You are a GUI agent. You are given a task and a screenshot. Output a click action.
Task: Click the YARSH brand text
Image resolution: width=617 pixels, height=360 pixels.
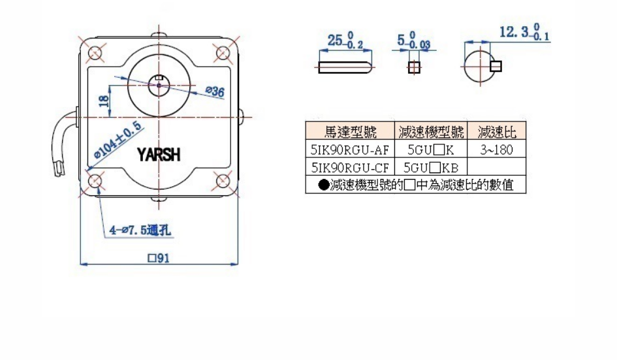159,154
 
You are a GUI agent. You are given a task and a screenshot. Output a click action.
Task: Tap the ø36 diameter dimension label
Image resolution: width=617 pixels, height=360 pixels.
214,92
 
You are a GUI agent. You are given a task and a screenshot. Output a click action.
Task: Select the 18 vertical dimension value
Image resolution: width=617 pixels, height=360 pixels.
103,101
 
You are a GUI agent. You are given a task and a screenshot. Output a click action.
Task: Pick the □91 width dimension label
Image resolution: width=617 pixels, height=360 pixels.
159,258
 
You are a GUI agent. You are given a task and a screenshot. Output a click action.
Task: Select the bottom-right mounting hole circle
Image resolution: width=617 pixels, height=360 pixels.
222,181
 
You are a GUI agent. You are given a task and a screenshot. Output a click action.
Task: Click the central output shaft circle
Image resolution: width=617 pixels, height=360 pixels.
159,82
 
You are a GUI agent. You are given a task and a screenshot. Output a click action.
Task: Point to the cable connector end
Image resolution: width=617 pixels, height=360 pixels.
57,170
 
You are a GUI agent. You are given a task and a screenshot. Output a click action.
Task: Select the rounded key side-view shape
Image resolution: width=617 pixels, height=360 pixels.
345,67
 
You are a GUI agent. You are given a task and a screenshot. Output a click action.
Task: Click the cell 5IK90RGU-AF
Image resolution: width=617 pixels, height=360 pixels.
350,150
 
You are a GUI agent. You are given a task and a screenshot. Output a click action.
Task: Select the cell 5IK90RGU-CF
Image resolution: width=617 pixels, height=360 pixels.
350,167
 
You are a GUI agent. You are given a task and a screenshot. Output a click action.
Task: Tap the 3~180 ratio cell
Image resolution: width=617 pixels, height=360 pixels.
497,150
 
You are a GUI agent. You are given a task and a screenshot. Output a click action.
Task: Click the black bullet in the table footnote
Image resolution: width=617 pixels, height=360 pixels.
323,185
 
